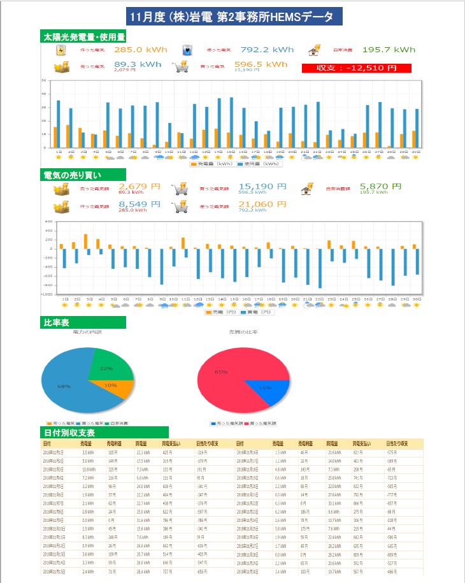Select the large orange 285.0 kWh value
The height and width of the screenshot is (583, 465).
point(140,49)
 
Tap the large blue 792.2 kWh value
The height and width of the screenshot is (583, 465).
point(268,49)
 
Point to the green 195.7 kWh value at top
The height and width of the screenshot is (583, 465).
point(388,49)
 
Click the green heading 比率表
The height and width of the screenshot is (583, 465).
point(56,322)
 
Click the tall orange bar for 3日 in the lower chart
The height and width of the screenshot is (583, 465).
point(86,241)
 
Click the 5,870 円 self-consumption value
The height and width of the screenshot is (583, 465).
point(381,186)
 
